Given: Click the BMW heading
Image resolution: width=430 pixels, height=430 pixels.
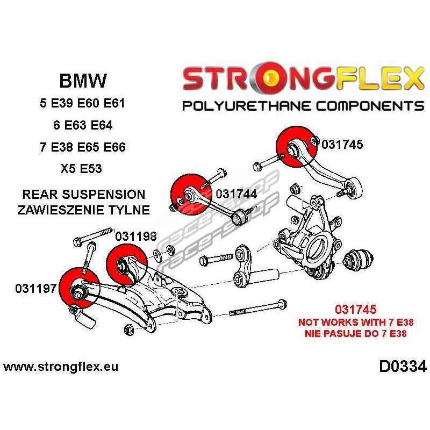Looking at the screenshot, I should coord(82,81).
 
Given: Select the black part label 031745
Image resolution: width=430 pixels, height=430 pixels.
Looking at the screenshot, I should coord(342,144).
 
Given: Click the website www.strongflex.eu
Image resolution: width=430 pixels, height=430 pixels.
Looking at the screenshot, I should coord(61,367).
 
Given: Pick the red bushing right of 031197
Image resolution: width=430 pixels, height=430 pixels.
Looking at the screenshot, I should coord(78,290).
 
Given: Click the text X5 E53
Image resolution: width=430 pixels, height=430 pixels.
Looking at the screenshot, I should coord(82,169).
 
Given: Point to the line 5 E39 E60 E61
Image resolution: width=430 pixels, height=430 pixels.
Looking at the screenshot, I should coord(82,103).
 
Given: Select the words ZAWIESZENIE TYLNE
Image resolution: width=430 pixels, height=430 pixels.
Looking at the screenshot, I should coord(83,210).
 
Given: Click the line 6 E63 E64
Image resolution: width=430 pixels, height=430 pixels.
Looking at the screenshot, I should coord(82,125).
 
